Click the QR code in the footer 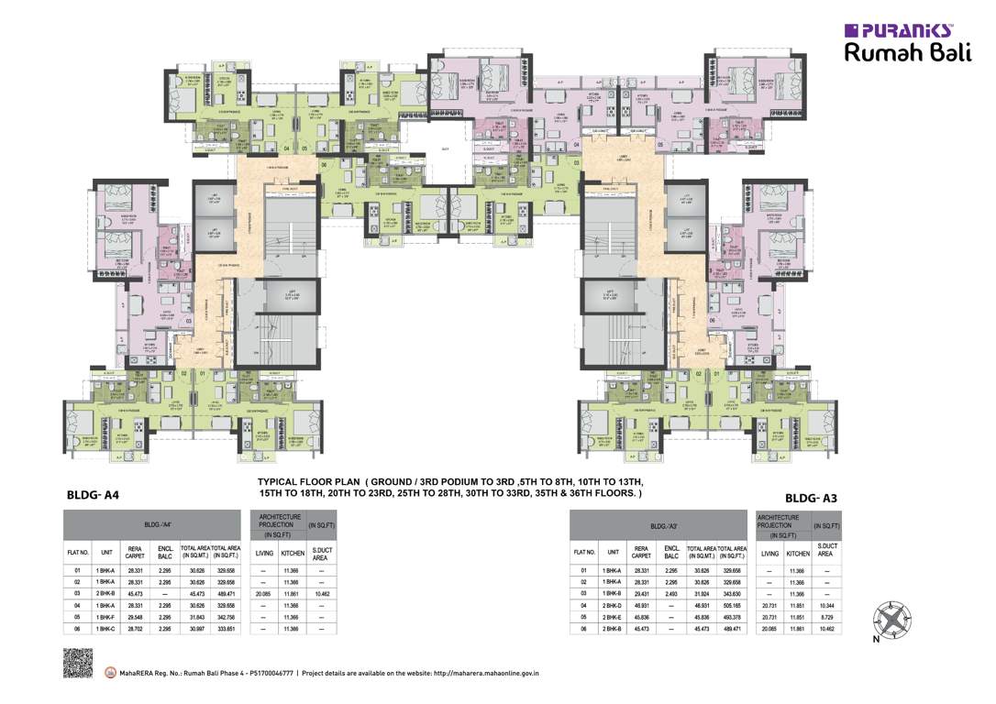[78, 663]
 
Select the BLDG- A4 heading [94, 496]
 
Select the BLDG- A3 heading [811, 498]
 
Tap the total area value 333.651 [226, 630]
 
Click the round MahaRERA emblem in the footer [112, 672]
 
